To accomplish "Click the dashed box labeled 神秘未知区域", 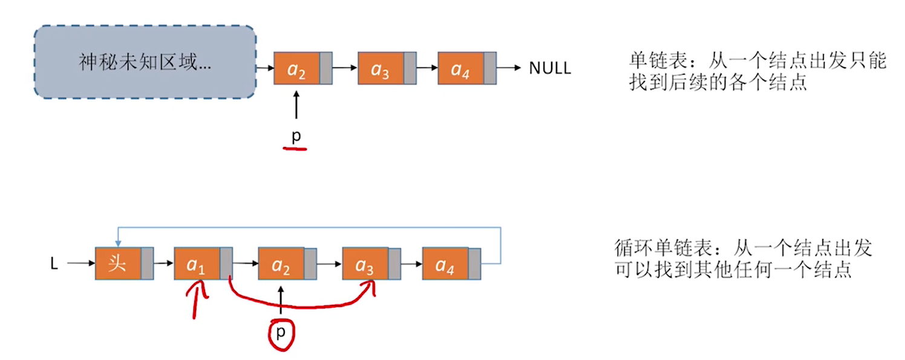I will pos(145,62).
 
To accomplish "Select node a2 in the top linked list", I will pos(296,69).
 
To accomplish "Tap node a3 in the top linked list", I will pos(381,69).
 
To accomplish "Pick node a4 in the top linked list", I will pos(460,68).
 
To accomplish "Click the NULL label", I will pos(549,68).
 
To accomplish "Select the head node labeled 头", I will pos(118,264).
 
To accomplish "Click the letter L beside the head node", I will pos(54,264).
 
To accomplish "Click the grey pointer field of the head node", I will pos(148,264).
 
